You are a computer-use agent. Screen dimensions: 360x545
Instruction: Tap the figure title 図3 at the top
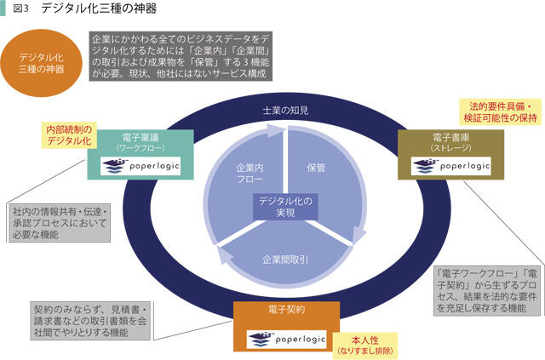[x=21, y=9]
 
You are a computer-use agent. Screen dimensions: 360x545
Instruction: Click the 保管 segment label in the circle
[x=316, y=168]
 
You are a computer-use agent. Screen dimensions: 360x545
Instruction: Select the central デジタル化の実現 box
[x=286, y=207]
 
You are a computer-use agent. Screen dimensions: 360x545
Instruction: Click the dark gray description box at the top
[x=181, y=57]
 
